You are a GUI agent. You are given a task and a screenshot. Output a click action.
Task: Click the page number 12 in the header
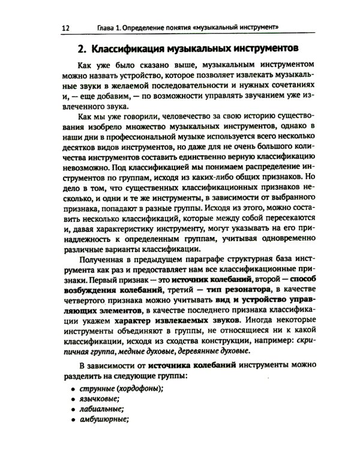coord(66,28)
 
